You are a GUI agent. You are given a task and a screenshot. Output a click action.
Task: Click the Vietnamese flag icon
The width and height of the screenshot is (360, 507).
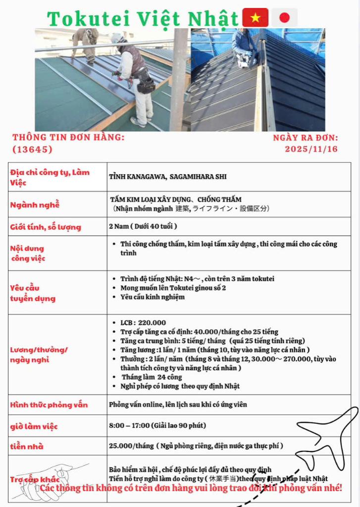point(255,18)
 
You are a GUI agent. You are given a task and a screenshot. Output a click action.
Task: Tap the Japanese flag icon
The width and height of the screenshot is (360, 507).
point(284,18)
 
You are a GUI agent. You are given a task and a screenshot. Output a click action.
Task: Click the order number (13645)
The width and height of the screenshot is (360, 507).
point(32,149)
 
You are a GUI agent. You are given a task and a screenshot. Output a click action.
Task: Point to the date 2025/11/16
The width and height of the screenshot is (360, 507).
point(311,149)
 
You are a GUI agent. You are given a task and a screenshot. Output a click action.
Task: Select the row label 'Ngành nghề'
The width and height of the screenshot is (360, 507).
point(35,204)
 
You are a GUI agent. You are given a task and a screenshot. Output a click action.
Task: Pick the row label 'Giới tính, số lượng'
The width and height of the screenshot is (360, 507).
point(46,227)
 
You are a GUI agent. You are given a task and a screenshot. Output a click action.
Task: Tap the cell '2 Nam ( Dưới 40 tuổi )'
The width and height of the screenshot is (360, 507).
point(143,226)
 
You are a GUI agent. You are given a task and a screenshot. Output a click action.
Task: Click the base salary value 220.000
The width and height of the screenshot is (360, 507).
point(152,322)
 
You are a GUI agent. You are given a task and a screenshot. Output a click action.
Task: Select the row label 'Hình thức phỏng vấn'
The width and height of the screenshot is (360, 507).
point(49,405)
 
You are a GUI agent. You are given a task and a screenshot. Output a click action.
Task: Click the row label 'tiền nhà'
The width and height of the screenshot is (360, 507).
point(27,447)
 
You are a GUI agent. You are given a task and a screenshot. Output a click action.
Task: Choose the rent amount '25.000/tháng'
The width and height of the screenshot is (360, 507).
point(131,446)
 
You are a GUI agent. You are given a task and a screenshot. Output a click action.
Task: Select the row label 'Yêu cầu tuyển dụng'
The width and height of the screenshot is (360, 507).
point(33,293)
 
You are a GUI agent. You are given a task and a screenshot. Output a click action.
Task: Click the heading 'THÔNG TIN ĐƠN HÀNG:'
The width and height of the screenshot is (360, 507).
point(68,137)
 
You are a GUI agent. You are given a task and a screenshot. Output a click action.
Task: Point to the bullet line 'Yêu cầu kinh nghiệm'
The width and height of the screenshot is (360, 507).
point(152,297)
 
